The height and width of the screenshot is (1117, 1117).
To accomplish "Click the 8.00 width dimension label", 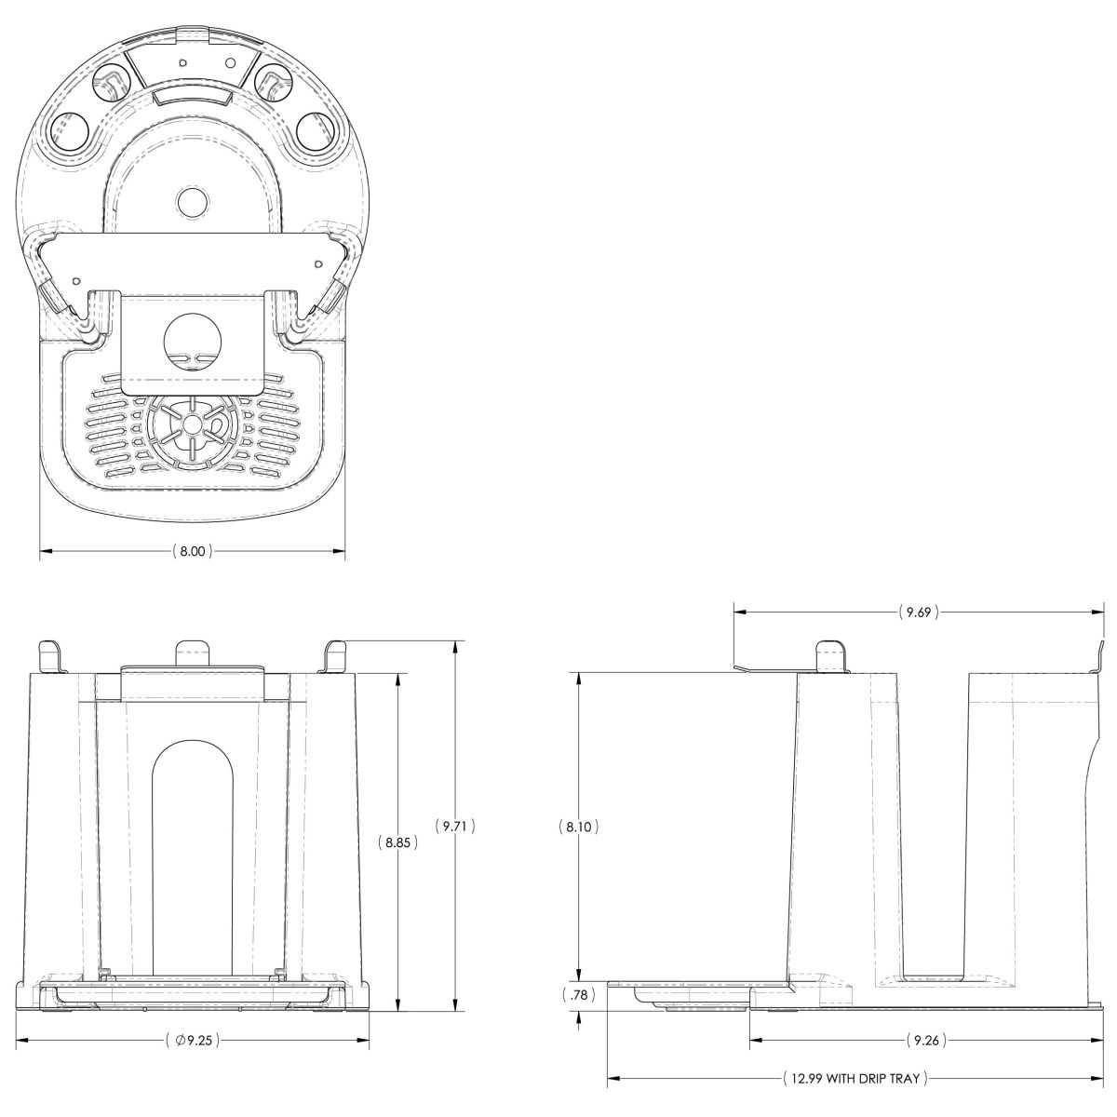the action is pyautogui.click(x=193, y=551).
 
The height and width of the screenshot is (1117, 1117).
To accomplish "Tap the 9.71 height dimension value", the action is pyautogui.click(x=455, y=826).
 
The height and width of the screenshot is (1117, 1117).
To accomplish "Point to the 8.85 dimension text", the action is pyautogui.click(x=397, y=842).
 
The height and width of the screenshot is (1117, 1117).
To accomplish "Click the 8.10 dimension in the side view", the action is pyautogui.click(x=578, y=827).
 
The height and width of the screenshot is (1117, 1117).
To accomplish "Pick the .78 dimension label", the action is pyautogui.click(x=578, y=995).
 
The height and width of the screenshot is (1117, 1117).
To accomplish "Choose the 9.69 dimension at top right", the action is pyautogui.click(x=919, y=612).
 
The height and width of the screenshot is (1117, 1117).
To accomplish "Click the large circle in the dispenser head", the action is pyautogui.click(x=193, y=342).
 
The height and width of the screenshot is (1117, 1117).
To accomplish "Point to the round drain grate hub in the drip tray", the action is pyautogui.click(x=190, y=425).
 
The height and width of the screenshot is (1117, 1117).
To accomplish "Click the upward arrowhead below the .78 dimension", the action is pyautogui.click(x=578, y=1017).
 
